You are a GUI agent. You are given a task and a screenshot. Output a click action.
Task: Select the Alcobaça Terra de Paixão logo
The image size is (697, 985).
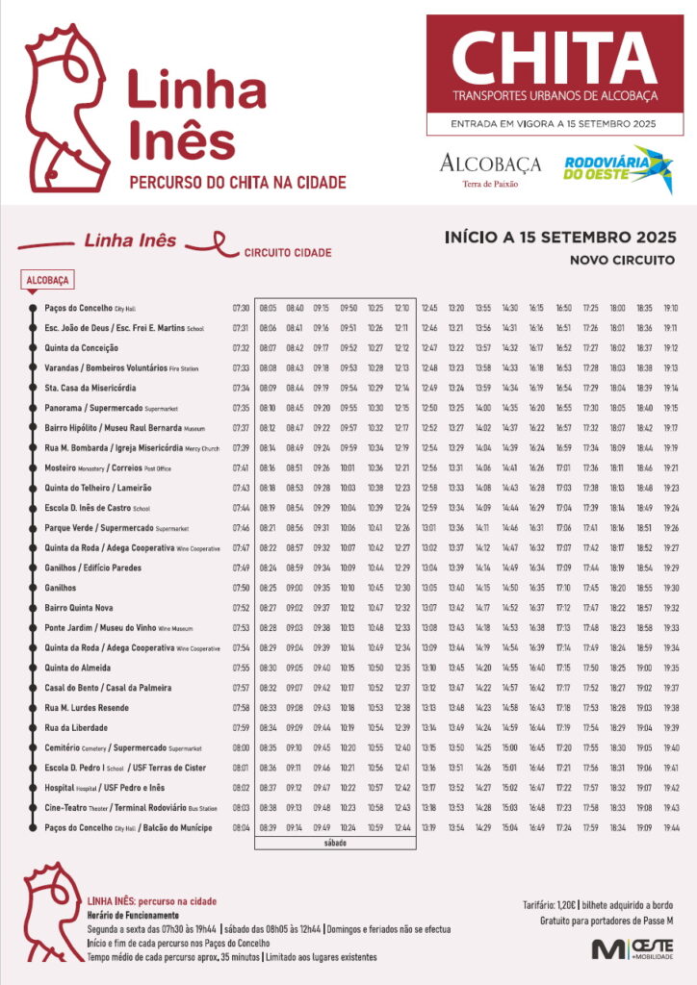click(490, 168)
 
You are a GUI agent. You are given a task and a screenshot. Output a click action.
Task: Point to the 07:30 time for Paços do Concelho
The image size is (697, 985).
click(241, 308)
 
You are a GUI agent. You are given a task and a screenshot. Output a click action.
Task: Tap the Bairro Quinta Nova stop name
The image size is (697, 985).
click(79, 608)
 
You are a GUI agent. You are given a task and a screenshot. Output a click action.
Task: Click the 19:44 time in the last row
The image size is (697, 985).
click(671, 827)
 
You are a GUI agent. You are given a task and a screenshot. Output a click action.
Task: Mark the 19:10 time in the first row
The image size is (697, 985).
click(671, 308)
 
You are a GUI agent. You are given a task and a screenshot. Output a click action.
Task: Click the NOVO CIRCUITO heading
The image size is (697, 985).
click(624, 260)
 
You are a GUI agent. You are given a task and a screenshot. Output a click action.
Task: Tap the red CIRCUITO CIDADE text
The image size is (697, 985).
click(288, 253)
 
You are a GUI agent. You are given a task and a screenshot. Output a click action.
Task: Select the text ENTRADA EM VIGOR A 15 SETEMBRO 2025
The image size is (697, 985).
click(554, 124)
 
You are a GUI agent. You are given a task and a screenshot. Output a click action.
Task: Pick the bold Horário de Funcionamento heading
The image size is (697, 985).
click(133, 915)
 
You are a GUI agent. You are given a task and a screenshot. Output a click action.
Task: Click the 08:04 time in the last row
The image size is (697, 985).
click(241, 827)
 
